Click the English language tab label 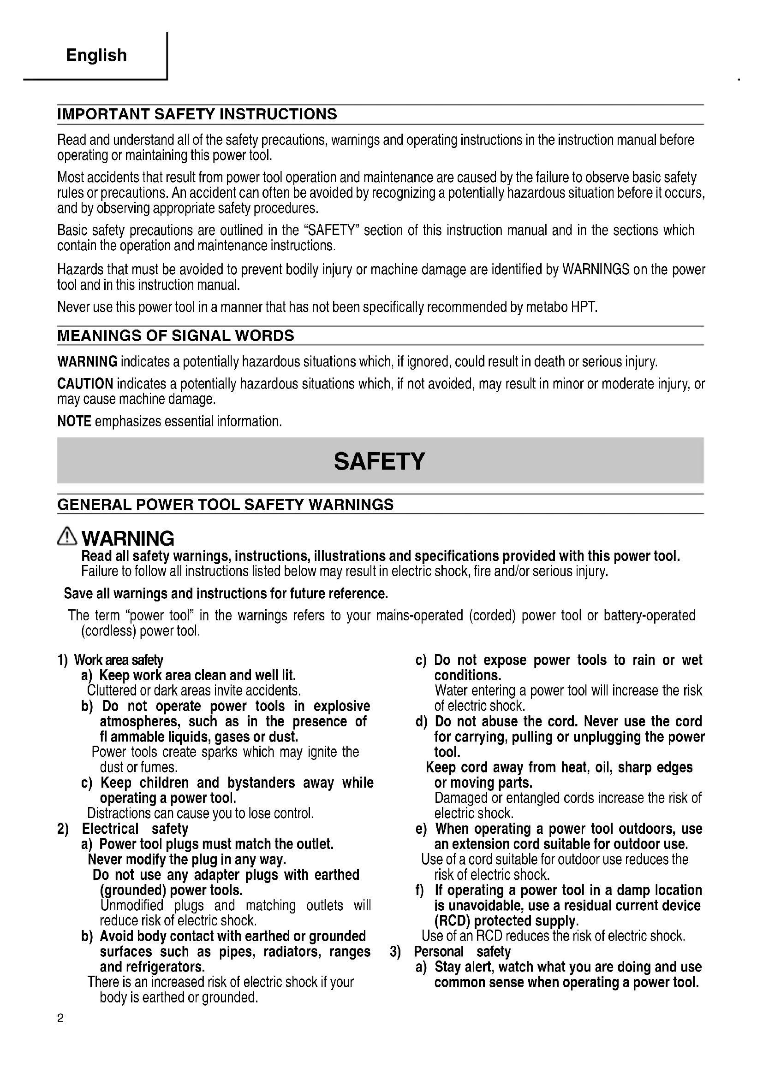point(96,55)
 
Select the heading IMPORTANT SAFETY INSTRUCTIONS point(197,114)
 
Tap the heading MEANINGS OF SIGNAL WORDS point(175,336)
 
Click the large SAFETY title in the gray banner point(379,461)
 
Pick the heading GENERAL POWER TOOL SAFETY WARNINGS point(225,505)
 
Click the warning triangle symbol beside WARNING point(67,536)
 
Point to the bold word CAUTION point(85,384)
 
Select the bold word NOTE point(74,422)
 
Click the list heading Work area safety point(119,660)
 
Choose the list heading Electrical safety point(135,829)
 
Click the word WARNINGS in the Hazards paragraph point(596,270)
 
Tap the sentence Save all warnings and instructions point(226,594)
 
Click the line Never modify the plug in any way point(187,860)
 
